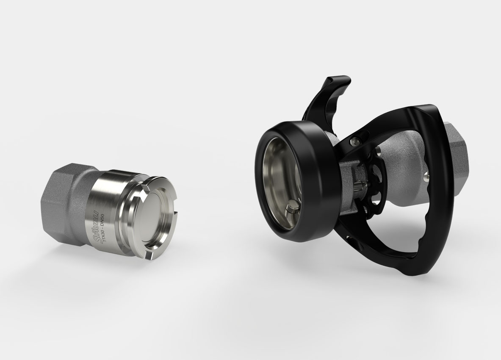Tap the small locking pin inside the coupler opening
pos(292,210)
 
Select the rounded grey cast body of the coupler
pos(402,169)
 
